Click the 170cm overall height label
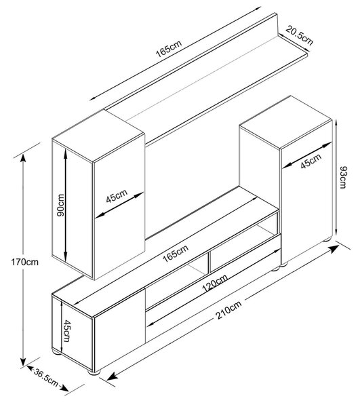coord(24,262)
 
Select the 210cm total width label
coord(228,310)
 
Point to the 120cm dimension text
coord(215,283)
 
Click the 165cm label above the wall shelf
coord(169,49)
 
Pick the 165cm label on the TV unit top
coord(176,253)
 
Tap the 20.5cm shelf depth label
coord(299,36)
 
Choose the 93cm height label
coord(343,178)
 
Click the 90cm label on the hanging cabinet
coord(60,206)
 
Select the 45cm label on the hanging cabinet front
coord(117,196)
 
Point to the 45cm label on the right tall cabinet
coord(311,161)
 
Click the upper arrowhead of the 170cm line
coord(23,158)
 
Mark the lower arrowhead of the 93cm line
coord(336,230)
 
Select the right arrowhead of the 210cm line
coord(334,248)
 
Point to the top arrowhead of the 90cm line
coord(65,154)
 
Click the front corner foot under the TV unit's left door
coord(94,372)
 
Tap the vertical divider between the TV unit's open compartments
coord(208,263)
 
